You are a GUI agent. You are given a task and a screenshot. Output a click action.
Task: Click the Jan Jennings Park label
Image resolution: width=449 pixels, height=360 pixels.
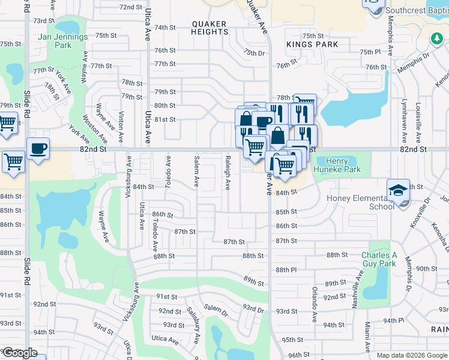point(62,41)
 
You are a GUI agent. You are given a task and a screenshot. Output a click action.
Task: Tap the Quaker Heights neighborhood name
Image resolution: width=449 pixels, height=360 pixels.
point(209,28)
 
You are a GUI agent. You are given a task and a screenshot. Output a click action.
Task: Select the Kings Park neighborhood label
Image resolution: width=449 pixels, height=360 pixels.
point(312,44)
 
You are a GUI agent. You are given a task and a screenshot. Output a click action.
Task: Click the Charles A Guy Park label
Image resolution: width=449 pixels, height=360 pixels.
point(379,259)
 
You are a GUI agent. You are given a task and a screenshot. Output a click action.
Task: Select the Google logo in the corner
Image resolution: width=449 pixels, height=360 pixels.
point(20,353)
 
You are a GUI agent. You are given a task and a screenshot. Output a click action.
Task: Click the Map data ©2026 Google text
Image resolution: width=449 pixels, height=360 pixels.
point(412,355)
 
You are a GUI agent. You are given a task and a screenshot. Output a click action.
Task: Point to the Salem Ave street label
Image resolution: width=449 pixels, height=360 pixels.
point(196,172)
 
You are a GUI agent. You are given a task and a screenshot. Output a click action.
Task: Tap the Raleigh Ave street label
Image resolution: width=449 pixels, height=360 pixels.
point(228,173)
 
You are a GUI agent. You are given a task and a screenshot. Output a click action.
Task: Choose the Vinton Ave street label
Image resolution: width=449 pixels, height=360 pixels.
point(122,127)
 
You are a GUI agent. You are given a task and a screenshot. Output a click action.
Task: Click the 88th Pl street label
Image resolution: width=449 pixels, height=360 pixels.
point(286,270)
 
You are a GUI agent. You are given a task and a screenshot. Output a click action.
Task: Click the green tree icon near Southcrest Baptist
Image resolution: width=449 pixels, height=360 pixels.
point(436,38)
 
